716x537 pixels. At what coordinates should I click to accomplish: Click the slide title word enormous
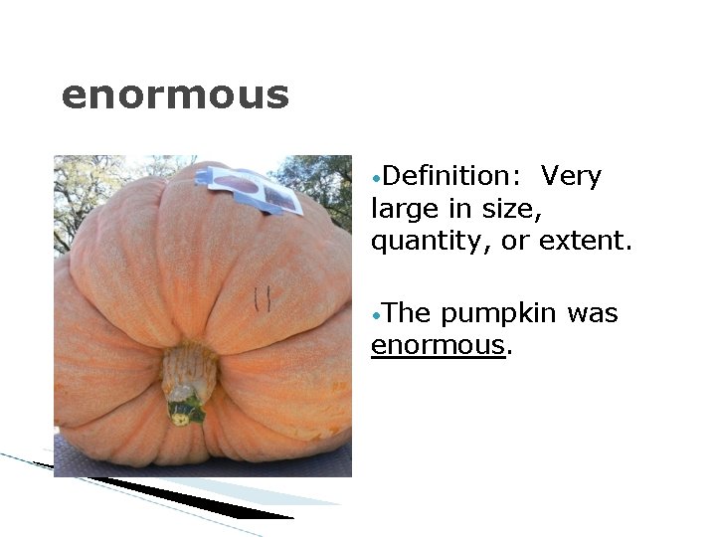point(175,96)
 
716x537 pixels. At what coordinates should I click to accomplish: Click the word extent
point(585,242)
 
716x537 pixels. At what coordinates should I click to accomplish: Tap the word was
point(595,314)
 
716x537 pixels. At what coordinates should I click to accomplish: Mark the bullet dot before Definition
point(374,179)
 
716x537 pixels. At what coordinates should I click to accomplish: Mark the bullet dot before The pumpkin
point(374,316)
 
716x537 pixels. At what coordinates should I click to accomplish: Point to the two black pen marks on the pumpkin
point(263,298)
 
